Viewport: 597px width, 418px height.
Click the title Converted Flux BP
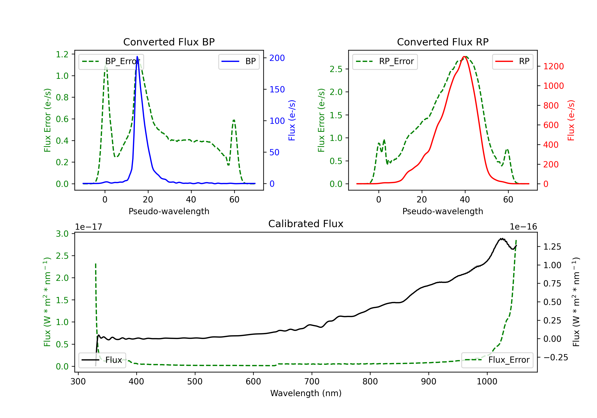pos(169,42)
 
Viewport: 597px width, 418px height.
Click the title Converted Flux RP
pos(443,42)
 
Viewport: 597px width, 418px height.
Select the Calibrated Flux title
pos(306,224)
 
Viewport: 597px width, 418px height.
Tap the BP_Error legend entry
pos(111,61)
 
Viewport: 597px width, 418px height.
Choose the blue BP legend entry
pos(239,61)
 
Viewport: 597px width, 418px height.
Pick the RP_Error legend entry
pos(385,61)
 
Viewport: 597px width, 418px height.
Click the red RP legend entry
pos(512,61)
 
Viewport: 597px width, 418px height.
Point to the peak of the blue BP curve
pos(137,57)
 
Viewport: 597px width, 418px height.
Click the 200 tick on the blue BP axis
pos(277,58)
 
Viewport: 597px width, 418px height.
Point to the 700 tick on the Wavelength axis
pos(312,381)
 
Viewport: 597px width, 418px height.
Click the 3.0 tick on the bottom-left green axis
pos(62,233)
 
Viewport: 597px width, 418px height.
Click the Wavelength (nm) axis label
pos(306,393)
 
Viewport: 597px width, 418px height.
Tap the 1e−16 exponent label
pos(523,227)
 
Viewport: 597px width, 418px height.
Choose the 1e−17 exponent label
pos(89,227)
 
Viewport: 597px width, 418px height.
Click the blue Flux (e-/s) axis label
pos(292,120)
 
